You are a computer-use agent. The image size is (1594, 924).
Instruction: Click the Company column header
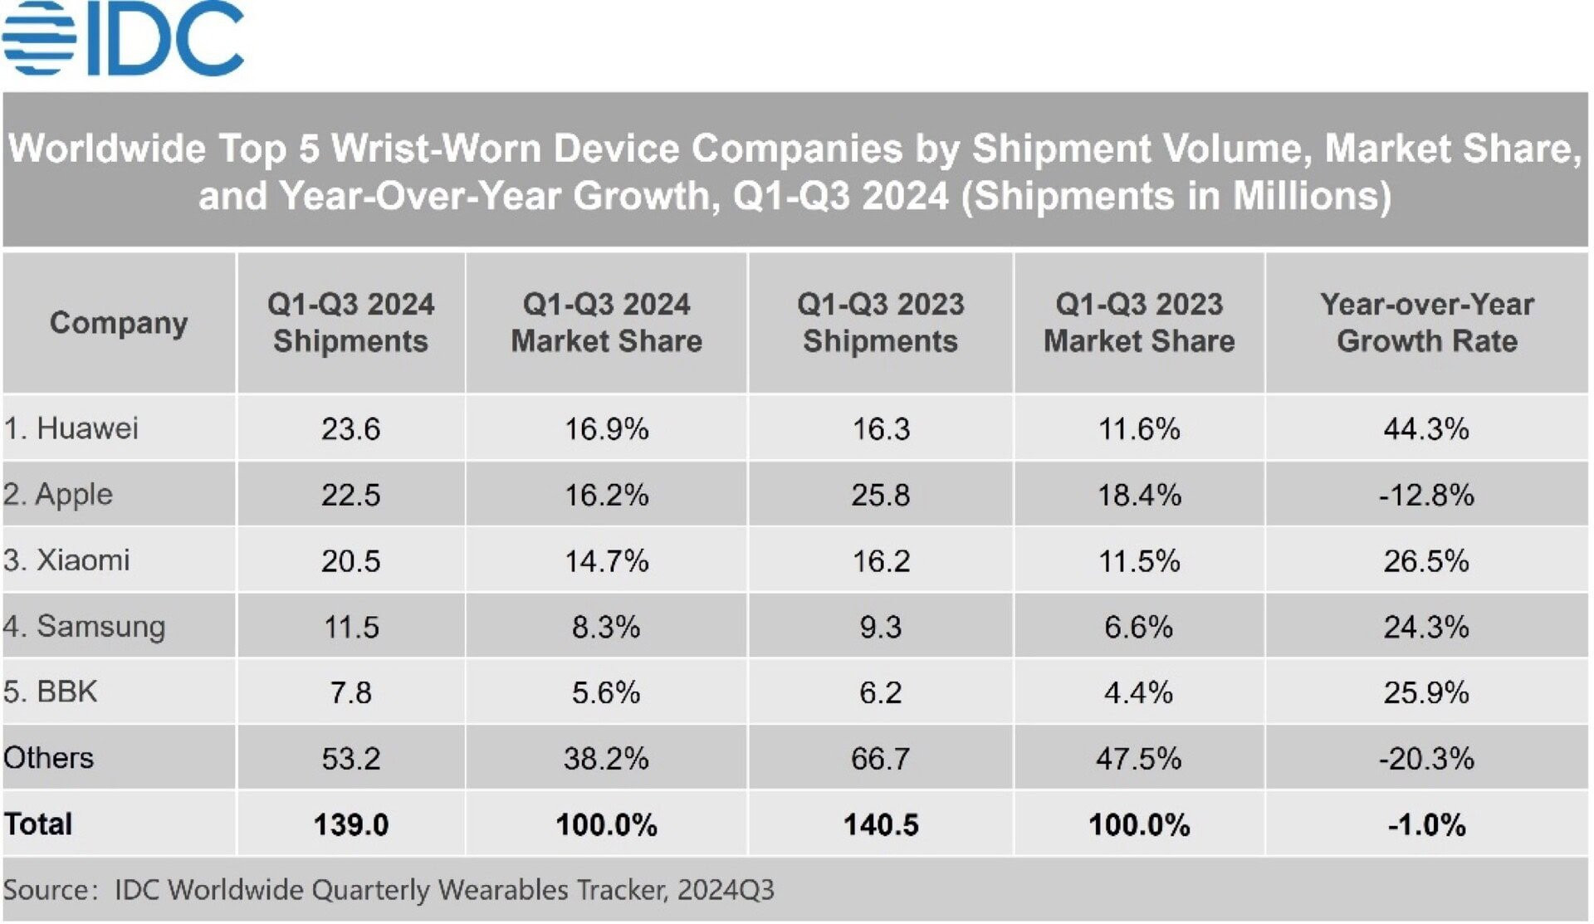click(119, 322)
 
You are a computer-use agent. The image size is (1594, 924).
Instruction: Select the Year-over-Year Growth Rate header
click(1426, 322)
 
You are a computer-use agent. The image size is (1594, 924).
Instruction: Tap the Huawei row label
click(71, 428)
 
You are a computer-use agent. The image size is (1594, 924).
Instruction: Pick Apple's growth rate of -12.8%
click(1426, 495)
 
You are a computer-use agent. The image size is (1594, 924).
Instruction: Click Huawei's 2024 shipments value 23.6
click(350, 429)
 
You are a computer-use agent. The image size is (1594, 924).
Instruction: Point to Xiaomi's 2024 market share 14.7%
click(606, 561)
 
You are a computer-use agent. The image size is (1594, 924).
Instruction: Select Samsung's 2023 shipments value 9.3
click(880, 627)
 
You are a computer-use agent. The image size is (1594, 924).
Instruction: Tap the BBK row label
click(51, 692)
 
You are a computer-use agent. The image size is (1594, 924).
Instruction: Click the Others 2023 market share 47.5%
click(1138, 758)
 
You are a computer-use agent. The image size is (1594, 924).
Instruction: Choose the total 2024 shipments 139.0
click(350, 824)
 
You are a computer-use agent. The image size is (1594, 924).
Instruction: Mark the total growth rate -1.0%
click(1426, 824)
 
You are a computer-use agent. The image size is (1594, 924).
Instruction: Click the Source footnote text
click(389, 890)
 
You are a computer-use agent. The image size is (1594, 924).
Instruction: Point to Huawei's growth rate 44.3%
click(1426, 429)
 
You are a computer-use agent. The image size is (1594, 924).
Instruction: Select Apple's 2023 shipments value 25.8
click(880, 495)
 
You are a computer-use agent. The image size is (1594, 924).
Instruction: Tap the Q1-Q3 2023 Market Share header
click(1138, 322)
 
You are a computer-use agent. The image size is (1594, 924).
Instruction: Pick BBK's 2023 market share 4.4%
click(1138, 692)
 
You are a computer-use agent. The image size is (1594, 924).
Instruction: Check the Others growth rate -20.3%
click(1426, 758)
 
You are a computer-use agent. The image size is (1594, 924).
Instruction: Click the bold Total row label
click(38, 824)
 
